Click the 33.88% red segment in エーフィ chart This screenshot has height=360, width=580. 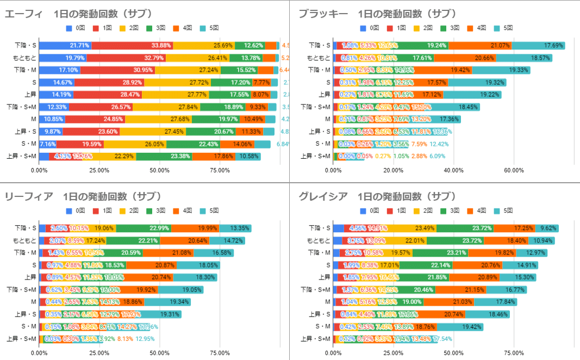coord(132,45)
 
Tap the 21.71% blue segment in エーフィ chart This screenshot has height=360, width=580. coord(65,45)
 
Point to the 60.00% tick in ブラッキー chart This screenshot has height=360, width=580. coord(514,170)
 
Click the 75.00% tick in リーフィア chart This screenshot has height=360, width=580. coord(220,352)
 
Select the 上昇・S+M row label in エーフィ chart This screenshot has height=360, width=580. coord(21,157)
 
